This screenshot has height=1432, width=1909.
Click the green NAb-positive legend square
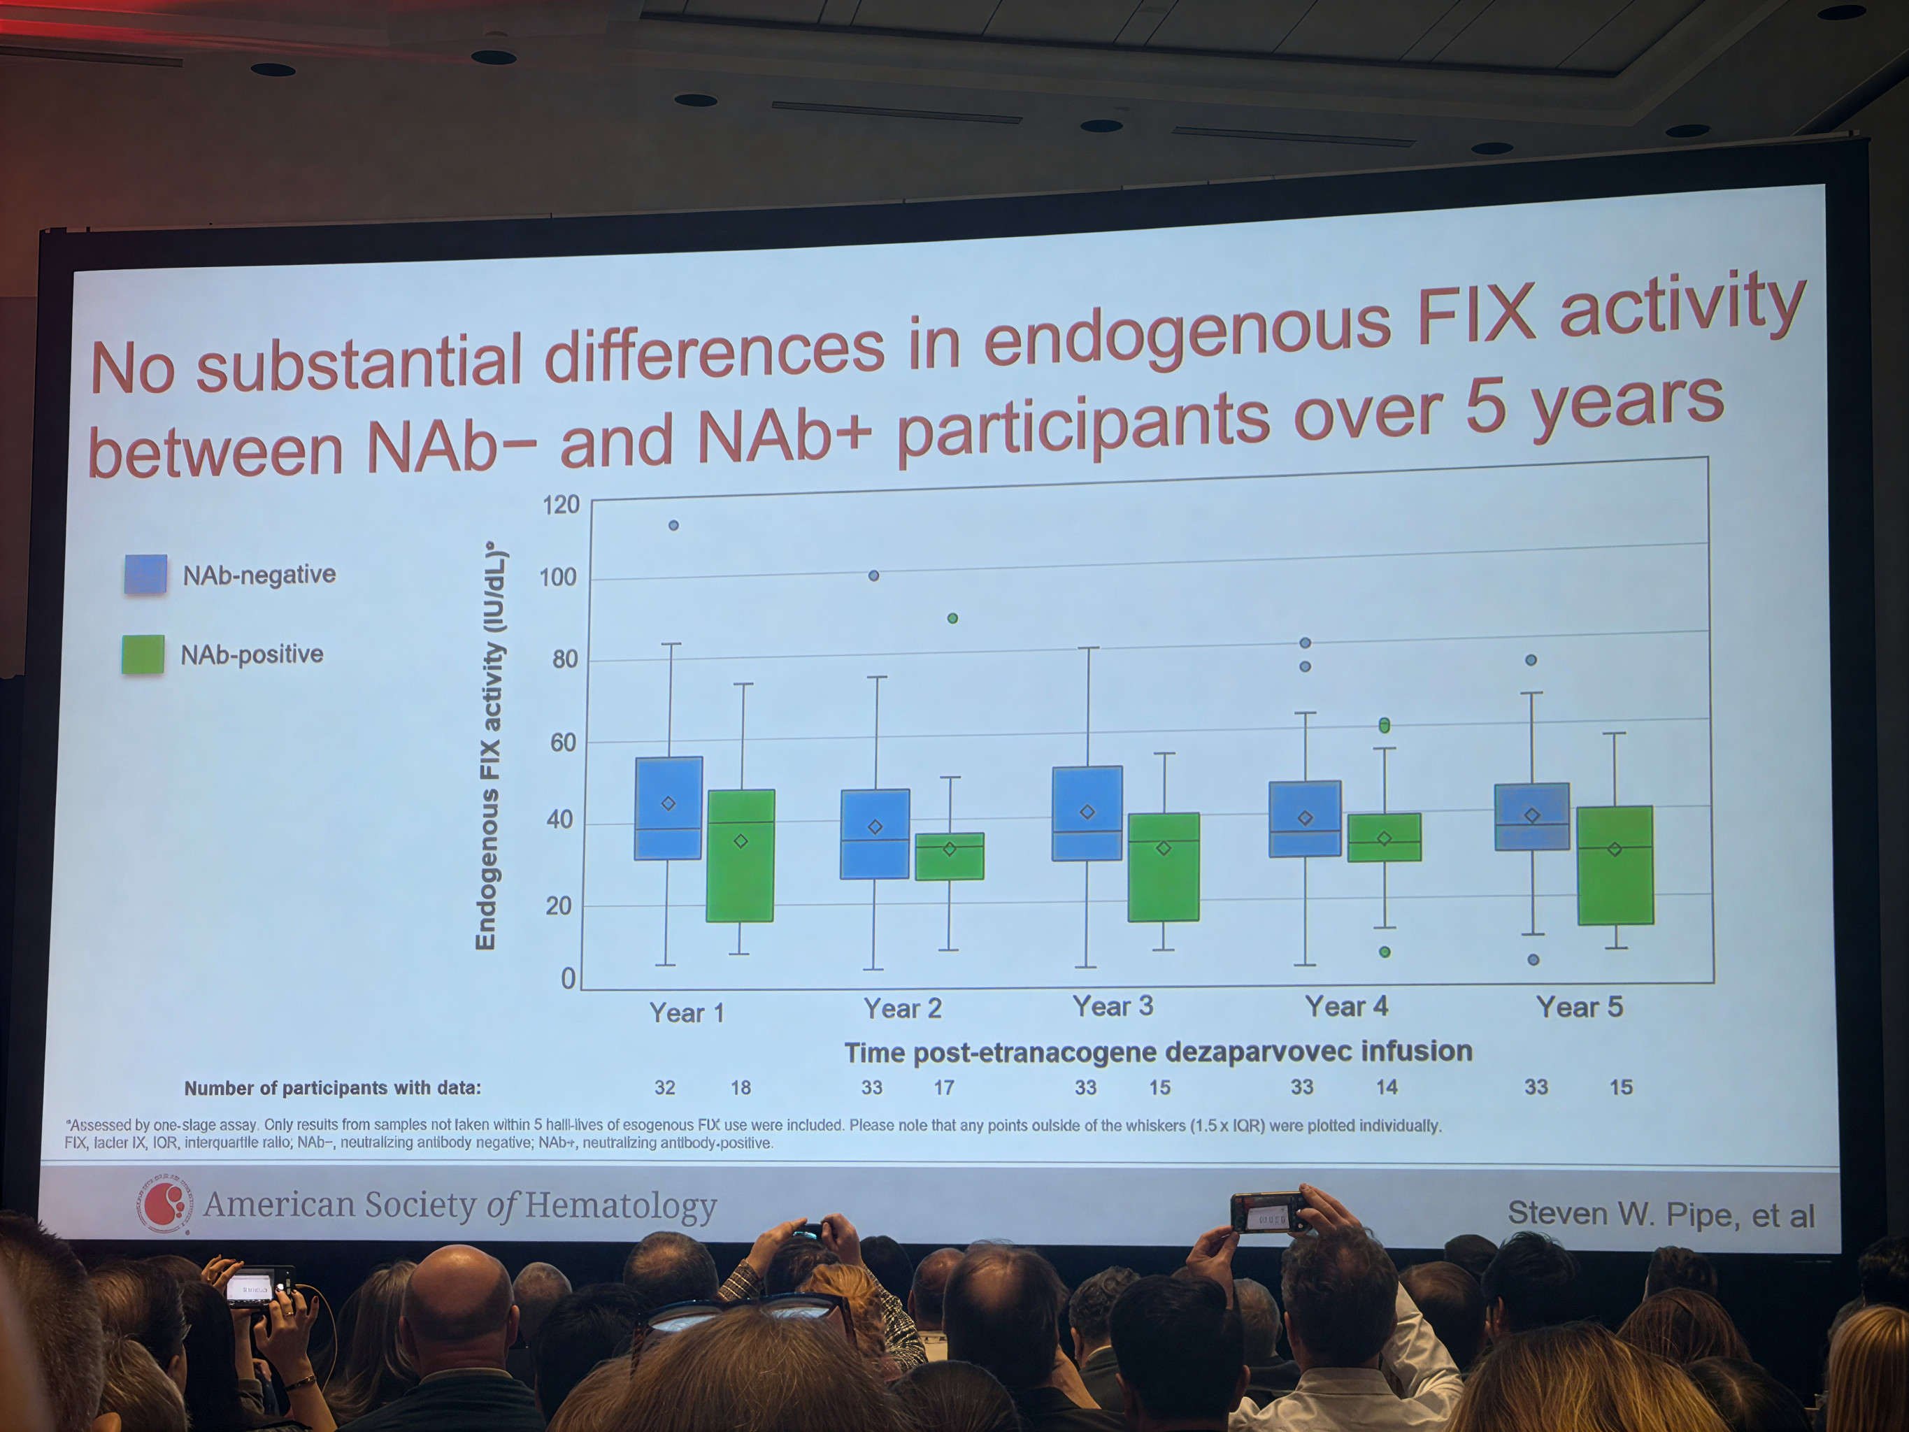coord(143,654)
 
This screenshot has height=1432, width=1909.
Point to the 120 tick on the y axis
coord(560,504)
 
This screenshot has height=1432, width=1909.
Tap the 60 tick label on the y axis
coord(563,743)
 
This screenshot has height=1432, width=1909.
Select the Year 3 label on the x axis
coord(1113,1006)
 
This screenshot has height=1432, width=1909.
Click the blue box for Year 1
coord(668,808)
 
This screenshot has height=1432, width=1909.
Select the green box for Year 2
coord(950,857)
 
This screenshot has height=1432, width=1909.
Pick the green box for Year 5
coord(1615,865)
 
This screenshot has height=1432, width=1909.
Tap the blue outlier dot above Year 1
coord(674,526)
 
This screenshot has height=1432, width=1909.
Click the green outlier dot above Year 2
coord(953,618)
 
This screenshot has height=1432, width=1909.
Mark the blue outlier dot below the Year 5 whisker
coord(1533,960)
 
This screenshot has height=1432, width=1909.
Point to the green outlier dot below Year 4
coord(1385,952)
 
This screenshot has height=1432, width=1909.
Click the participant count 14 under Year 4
coord(1386,1087)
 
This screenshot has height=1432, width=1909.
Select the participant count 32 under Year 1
coord(664,1087)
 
